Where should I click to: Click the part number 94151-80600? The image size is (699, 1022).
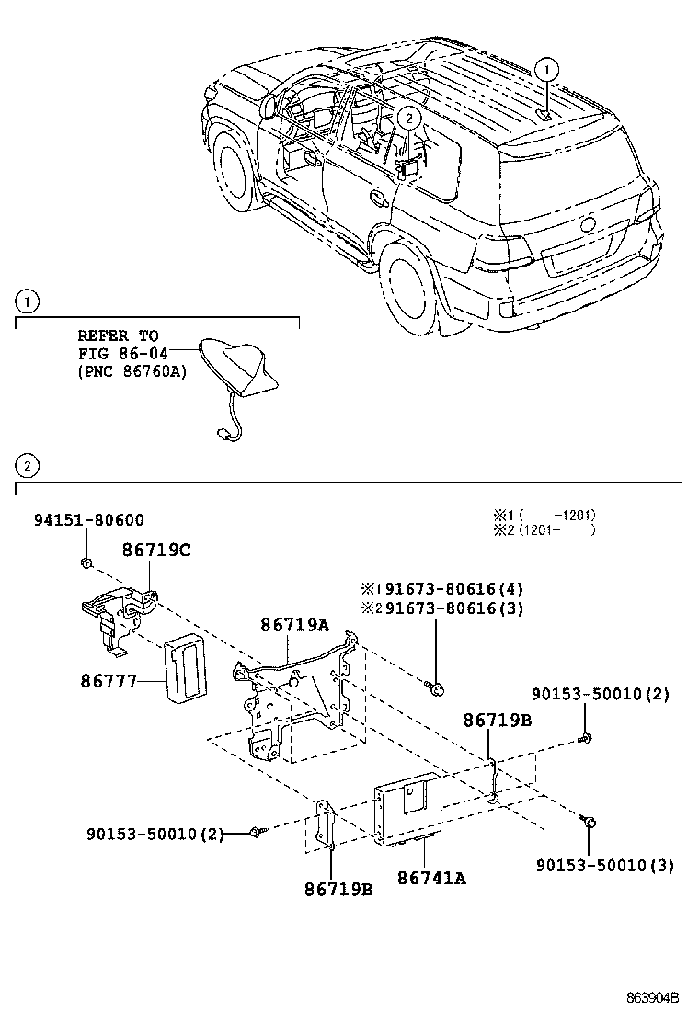coord(88,520)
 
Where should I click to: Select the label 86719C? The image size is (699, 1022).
coord(156,551)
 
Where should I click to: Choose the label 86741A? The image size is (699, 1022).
coord(431,878)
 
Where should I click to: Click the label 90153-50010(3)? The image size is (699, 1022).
coord(603,865)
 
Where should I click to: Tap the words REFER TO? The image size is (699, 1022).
coord(118,335)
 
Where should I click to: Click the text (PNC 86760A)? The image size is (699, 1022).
coord(132,372)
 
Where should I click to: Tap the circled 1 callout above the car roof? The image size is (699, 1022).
coord(547,68)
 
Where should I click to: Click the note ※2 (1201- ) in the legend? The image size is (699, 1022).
coord(543,530)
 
